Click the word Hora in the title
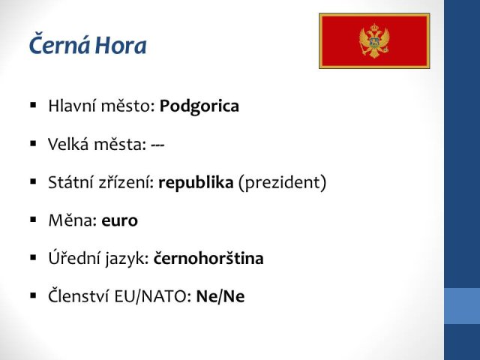click(121, 45)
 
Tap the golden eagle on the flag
click(374, 41)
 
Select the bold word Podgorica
click(199, 107)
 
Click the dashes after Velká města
click(157, 145)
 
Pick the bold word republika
click(196, 183)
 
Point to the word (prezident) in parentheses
click(282, 183)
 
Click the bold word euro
click(120, 221)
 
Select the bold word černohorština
click(208, 258)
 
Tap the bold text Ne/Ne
click(220, 296)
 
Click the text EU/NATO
click(153, 296)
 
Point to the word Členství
click(79, 295)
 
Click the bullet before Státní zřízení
click(33, 181)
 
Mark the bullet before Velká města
click(33, 143)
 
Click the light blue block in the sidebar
click(462, 306)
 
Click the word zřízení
click(126, 182)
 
